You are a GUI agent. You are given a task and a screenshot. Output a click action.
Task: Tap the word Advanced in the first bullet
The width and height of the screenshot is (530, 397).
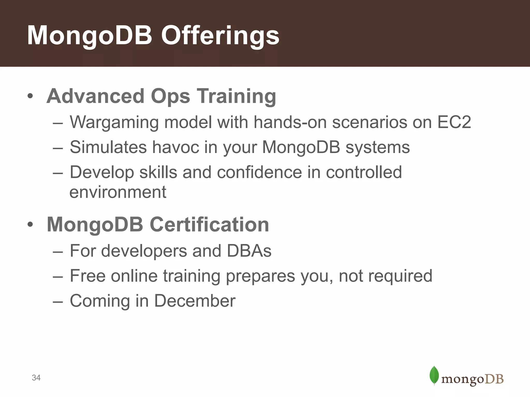[x=95, y=96]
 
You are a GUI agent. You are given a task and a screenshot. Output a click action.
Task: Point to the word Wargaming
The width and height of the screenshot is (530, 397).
[x=114, y=122]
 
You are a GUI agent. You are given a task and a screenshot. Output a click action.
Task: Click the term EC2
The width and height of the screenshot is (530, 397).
[x=454, y=122]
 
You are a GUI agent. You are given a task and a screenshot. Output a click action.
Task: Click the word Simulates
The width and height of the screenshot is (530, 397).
[x=108, y=147]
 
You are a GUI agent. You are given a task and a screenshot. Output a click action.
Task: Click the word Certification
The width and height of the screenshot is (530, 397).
[x=209, y=224]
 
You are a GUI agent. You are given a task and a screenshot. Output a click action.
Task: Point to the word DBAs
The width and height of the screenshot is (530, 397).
[x=249, y=251]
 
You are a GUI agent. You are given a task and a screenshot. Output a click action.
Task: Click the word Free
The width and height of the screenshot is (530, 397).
[x=87, y=276]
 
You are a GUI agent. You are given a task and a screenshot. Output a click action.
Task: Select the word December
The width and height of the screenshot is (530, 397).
[x=195, y=301]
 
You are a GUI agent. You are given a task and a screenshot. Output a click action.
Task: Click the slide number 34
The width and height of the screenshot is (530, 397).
[x=36, y=378]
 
